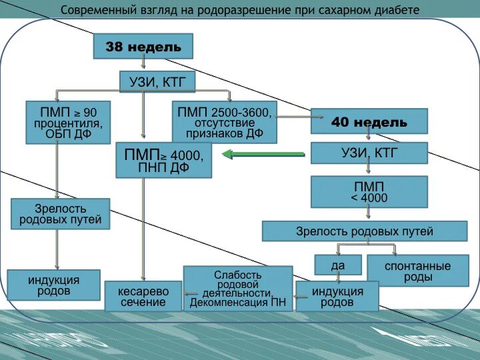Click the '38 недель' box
pos(143,47)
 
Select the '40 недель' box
pos(369,122)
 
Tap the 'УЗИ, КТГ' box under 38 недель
pos(158,83)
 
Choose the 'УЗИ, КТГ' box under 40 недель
pos(369,153)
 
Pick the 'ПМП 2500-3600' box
pos(224,121)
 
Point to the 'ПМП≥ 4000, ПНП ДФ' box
pos(163,160)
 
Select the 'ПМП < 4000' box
pos(369,191)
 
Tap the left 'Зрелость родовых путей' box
pos(60,213)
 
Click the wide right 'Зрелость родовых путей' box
pos(364,231)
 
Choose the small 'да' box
pos(337,265)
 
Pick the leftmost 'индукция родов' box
pos(53,285)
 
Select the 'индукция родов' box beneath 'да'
pos(337,296)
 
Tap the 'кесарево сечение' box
pos(143,296)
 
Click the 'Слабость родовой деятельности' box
pos(238,288)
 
